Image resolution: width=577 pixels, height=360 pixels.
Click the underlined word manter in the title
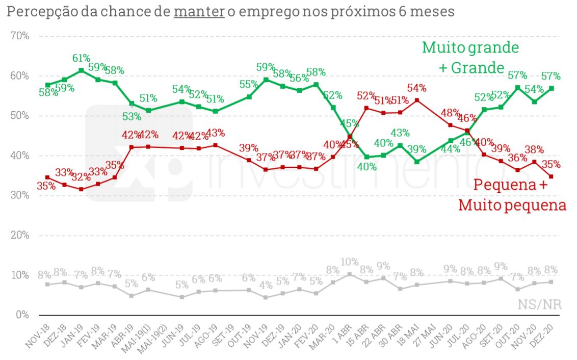coord(199,12)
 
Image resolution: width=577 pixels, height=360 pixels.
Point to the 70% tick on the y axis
coord(19,36)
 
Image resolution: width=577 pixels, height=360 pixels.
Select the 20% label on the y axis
coord(19,235)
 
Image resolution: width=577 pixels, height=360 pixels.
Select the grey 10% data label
coord(349,263)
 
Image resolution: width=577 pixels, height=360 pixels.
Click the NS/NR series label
coord(539,305)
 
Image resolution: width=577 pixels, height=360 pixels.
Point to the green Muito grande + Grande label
coord(470,57)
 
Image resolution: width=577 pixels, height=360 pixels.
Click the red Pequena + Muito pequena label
coord(512,195)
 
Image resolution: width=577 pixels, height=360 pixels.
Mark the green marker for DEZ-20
coord(552,88)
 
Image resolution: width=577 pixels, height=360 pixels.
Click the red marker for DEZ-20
coord(552,176)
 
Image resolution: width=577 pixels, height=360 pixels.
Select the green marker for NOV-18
coord(47,85)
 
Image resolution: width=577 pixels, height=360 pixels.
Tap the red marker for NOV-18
coord(47,177)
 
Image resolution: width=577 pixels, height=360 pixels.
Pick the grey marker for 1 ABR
coord(350,274)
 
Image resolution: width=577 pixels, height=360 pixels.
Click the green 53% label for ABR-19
coord(132,116)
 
